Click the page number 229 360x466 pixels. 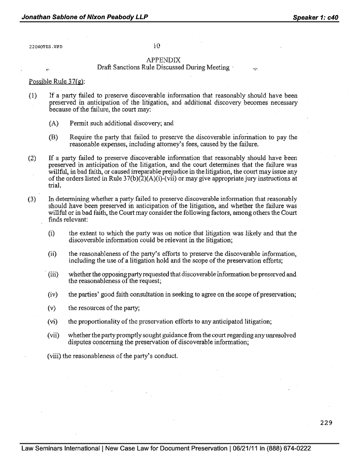[326, 423]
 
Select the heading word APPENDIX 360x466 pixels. [164, 60]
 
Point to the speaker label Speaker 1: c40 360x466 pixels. [315, 17]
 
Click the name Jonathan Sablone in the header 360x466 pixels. [50, 17]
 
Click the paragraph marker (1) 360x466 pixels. [33, 96]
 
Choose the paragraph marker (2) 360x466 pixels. [33, 158]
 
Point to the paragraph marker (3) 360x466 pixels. [33, 199]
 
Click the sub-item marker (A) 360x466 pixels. [53, 124]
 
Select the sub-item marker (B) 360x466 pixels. [53, 137]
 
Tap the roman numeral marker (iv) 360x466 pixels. [52, 295]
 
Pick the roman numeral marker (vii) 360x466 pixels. [53, 335]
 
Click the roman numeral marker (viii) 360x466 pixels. [51, 356]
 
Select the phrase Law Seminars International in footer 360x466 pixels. [61, 448]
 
